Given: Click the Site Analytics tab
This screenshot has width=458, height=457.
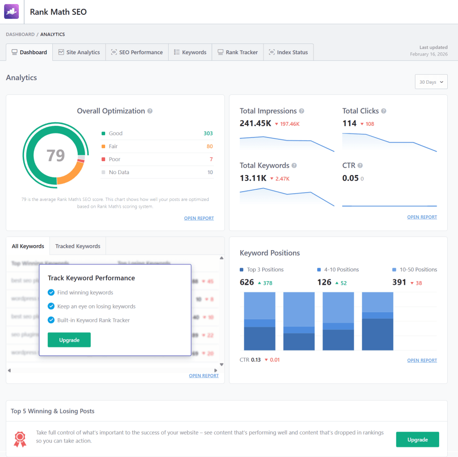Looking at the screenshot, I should [x=79, y=52].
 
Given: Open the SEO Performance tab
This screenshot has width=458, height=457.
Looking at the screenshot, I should [x=137, y=52].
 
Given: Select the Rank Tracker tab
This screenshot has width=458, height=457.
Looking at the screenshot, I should [x=237, y=52].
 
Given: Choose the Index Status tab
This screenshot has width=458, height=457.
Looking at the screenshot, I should [x=288, y=52].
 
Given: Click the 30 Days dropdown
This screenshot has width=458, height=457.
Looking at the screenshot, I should [x=431, y=82].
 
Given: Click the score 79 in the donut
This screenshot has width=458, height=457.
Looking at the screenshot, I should [x=56, y=155].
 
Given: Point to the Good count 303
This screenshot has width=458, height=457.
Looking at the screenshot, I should [x=208, y=133].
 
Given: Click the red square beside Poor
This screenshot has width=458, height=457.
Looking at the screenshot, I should [x=103, y=159].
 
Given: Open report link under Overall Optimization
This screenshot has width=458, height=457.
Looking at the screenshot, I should [x=199, y=218].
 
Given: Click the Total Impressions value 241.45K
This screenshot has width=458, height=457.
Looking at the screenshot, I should [x=255, y=124].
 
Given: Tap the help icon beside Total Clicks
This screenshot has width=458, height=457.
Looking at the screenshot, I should [x=384, y=111].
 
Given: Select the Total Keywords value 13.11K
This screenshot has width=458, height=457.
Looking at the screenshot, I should [x=253, y=178].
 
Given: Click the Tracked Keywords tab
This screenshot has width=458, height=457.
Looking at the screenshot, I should [x=78, y=246].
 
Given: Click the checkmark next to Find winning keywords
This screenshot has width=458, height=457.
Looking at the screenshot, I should [x=51, y=293].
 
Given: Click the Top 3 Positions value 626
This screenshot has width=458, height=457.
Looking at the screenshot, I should [x=247, y=282].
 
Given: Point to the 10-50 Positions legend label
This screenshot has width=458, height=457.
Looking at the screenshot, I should [x=418, y=270].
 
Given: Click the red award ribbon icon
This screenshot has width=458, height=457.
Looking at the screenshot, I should [x=20, y=439].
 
